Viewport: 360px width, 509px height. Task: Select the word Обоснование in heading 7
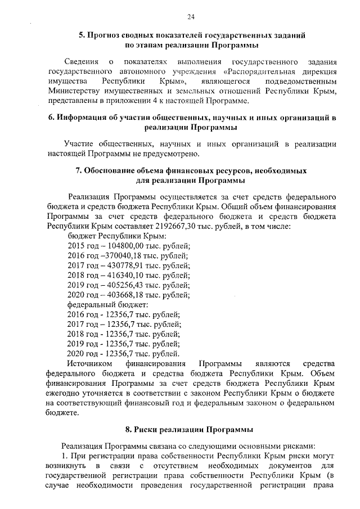click(110, 170)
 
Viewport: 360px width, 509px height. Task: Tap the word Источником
click(88, 363)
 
